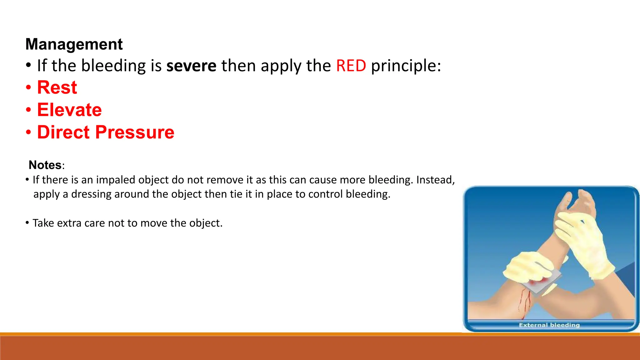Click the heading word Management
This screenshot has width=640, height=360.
(x=74, y=44)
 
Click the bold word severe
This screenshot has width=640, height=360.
(x=191, y=66)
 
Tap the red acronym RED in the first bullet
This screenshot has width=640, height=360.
(x=351, y=66)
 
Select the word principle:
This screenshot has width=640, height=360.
(x=406, y=66)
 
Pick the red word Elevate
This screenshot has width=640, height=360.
(x=69, y=110)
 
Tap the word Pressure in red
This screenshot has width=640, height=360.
(x=135, y=132)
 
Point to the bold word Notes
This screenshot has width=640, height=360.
(x=45, y=165)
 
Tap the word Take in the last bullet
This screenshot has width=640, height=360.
(x=43, y=223)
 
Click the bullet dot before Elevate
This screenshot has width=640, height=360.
(x=28, y=110)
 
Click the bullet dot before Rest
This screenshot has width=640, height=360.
(x=28, y=87)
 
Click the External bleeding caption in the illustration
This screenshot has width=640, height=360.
(x=549, y=325)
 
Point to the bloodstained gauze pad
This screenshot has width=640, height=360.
(x=541, y=283)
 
